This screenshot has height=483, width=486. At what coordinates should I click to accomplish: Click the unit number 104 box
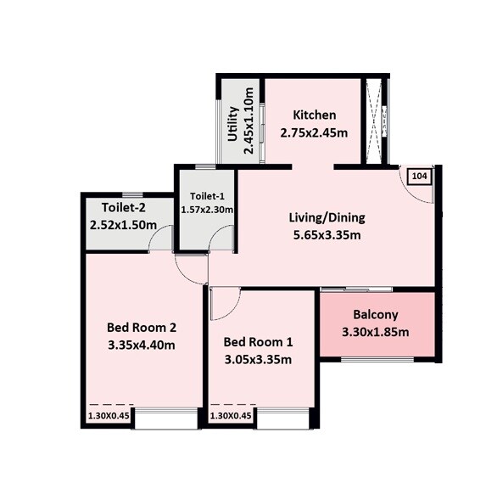(x=419, y=176)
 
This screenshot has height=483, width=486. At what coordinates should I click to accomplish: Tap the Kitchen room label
(x=314, y=115)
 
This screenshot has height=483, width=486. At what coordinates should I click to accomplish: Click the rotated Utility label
(x=232, y=123)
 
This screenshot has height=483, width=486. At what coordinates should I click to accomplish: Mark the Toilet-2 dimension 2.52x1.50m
(x=124, y=226)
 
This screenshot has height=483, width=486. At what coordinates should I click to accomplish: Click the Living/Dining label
(x=327, y=216)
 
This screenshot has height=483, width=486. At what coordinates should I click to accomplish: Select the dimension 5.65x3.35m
(x=327, y=234)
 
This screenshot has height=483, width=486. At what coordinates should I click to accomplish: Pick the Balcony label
(x=375, y=313)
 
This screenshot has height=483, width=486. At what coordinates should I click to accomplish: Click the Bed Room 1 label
(x=258, y=343)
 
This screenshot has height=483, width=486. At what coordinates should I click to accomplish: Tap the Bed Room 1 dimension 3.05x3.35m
(x=258, y=360)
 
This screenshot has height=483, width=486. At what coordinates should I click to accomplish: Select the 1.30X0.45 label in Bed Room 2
(x=109, y=416)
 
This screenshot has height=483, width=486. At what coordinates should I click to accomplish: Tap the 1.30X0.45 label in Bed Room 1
(x=231, y=416)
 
